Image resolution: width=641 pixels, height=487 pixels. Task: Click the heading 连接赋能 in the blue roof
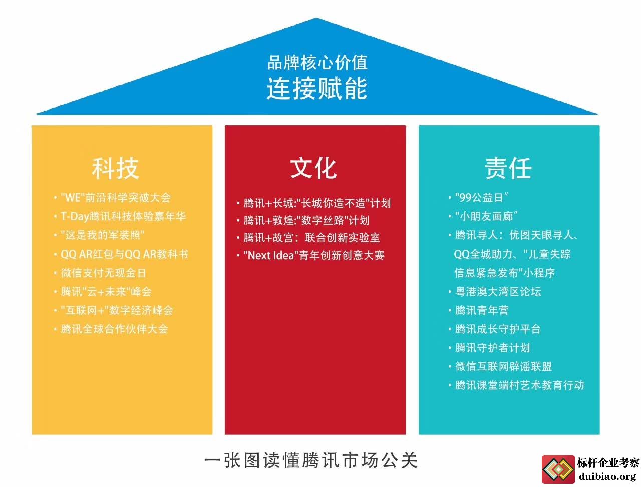point(317,88)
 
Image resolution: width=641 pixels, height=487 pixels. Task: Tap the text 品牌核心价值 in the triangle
point(317,62)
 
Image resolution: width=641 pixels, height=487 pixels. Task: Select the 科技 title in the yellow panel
point(115,168)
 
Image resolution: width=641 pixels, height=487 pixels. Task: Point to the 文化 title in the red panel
point(313,168)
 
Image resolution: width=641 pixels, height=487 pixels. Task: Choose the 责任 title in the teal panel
point(508,168)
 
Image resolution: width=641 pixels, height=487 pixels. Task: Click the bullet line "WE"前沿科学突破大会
point(116,198)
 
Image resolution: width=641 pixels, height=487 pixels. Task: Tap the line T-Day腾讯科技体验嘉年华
point(123,216)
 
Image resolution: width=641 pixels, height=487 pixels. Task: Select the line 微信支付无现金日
point(103,273)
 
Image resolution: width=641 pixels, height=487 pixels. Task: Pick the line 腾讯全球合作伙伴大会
point(115,329)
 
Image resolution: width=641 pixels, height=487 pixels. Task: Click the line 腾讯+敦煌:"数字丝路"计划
point(306,220)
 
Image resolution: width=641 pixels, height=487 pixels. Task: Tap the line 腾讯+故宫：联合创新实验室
point(311,238)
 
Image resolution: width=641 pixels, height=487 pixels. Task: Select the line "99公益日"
point(482,198)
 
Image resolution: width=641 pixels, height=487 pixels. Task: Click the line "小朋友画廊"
point(487,216)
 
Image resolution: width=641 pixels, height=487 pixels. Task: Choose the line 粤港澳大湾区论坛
point(498,292)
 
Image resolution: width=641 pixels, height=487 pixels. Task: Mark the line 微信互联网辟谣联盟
point(503,366)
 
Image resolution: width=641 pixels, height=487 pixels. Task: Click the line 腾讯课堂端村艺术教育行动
point(519,385)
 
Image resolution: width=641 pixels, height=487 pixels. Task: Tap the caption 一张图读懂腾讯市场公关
point(311,461)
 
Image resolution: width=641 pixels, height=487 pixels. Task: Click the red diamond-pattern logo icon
point(558,469)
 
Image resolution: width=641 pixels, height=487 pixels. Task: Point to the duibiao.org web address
point(607,476)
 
